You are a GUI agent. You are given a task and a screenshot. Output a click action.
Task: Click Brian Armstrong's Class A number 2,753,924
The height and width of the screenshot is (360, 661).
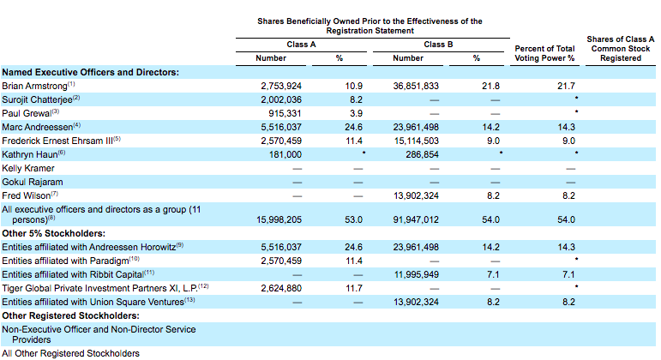281,86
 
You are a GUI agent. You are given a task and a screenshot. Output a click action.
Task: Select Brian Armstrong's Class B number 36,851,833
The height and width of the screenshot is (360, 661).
416,86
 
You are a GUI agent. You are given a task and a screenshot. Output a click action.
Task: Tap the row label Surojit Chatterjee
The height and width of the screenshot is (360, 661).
37,100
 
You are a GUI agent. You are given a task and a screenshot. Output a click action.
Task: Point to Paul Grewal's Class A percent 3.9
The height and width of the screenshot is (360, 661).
356,113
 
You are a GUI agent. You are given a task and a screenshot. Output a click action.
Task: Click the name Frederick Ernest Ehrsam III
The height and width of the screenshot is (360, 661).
57,141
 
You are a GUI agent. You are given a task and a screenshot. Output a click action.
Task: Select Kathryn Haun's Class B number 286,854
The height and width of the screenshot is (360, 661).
423,154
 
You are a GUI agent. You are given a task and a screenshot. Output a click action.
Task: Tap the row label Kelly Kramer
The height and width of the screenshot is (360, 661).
28,168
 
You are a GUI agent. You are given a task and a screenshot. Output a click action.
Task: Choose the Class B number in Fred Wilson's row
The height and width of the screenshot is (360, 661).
416,195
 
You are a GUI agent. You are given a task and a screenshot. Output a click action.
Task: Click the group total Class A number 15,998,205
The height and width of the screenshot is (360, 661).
279,219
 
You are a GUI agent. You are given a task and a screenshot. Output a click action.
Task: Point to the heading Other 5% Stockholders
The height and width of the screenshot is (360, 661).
53,233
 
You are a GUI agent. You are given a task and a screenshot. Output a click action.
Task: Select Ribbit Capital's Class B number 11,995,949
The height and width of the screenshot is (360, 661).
417,274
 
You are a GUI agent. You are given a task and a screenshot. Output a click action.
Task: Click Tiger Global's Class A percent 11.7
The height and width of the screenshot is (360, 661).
354,288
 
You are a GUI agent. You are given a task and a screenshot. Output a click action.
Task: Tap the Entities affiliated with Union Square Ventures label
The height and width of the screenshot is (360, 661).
93,302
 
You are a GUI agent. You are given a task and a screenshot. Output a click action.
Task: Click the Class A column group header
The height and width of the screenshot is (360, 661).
301,45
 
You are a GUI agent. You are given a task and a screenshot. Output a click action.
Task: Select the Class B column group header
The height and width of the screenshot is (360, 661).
438,45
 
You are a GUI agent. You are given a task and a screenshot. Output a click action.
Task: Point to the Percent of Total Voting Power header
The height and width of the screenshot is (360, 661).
544,53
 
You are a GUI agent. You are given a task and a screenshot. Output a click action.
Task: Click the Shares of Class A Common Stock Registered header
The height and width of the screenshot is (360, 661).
621,49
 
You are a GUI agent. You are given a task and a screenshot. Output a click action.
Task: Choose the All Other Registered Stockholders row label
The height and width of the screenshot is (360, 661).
71,353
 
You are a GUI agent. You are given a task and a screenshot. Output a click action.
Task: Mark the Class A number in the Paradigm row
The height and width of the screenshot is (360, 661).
281,261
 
